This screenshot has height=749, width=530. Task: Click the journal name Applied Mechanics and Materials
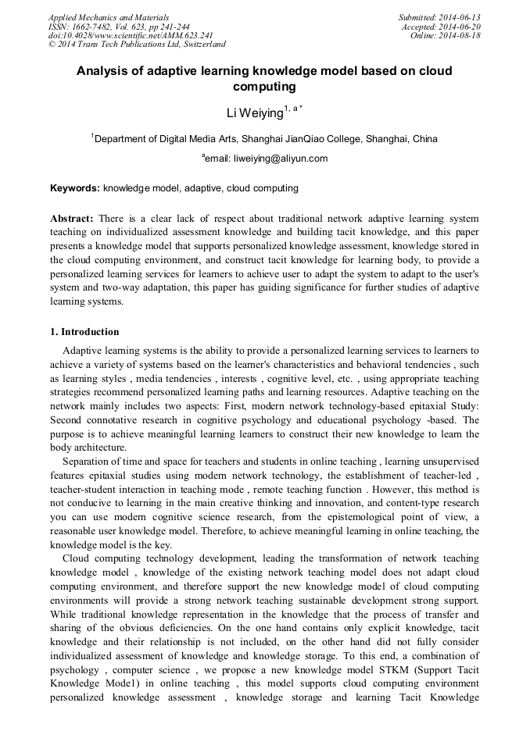point(108,17)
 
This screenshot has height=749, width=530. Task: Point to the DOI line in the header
point(130,35)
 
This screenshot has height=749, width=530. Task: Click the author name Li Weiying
point(254,113)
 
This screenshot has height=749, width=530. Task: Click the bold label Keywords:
point(75,188)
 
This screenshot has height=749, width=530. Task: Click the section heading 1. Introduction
point(84,331)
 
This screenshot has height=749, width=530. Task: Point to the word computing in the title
point(264,87)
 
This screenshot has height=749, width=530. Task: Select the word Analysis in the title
point(102,71)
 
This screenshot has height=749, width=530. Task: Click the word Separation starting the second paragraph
point(89,462)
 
